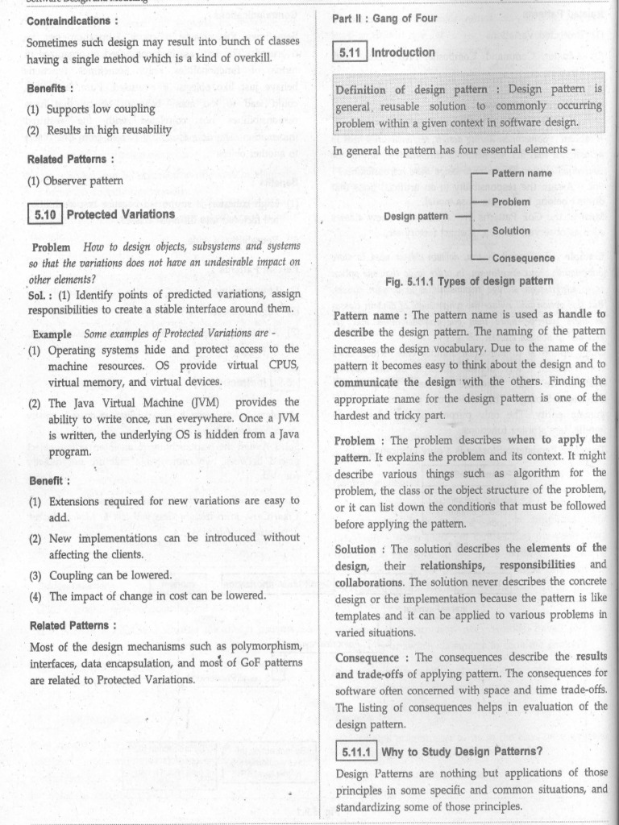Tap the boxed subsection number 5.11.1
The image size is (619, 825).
click(x=355, y=752)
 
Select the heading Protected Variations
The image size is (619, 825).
click(x=120, y=214)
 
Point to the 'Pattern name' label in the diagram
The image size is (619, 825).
click(x=521, y=173)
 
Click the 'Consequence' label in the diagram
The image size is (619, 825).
click(x=523, y=259)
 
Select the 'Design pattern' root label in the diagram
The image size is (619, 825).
click(x=416, y=216)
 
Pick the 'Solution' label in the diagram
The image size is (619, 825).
click(x=511, y=230)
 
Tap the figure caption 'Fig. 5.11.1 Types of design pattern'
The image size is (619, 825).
click(x=469, y=281)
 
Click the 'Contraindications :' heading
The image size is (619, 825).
click(x=73, y=20)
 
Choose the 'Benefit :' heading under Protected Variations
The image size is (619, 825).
click(x=49, y=481)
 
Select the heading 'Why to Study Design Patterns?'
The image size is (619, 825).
click(x=462, y=752)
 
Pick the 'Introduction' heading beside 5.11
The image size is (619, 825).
click(x=403, y=52)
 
